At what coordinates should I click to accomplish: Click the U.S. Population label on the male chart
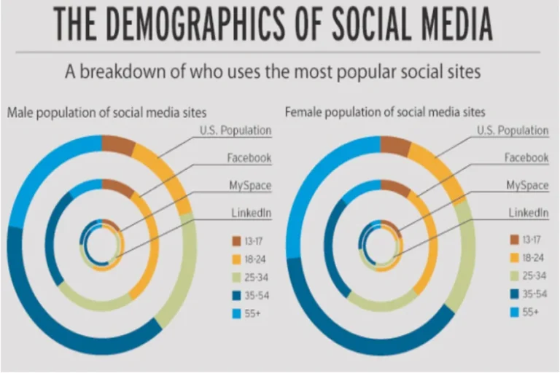pos(235,130)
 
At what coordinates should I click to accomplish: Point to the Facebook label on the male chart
pos(249,157)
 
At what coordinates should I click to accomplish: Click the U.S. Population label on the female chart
pos(513,130)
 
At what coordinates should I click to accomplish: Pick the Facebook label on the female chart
pos(526,157)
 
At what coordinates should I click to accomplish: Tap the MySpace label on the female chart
pos(527,185)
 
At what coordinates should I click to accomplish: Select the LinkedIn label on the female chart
pos(527,212)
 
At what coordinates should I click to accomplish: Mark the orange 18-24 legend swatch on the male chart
pos(236,258)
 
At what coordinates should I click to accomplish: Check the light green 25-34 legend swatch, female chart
pos(514,275)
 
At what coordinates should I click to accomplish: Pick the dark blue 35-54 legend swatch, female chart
pos(514,294)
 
